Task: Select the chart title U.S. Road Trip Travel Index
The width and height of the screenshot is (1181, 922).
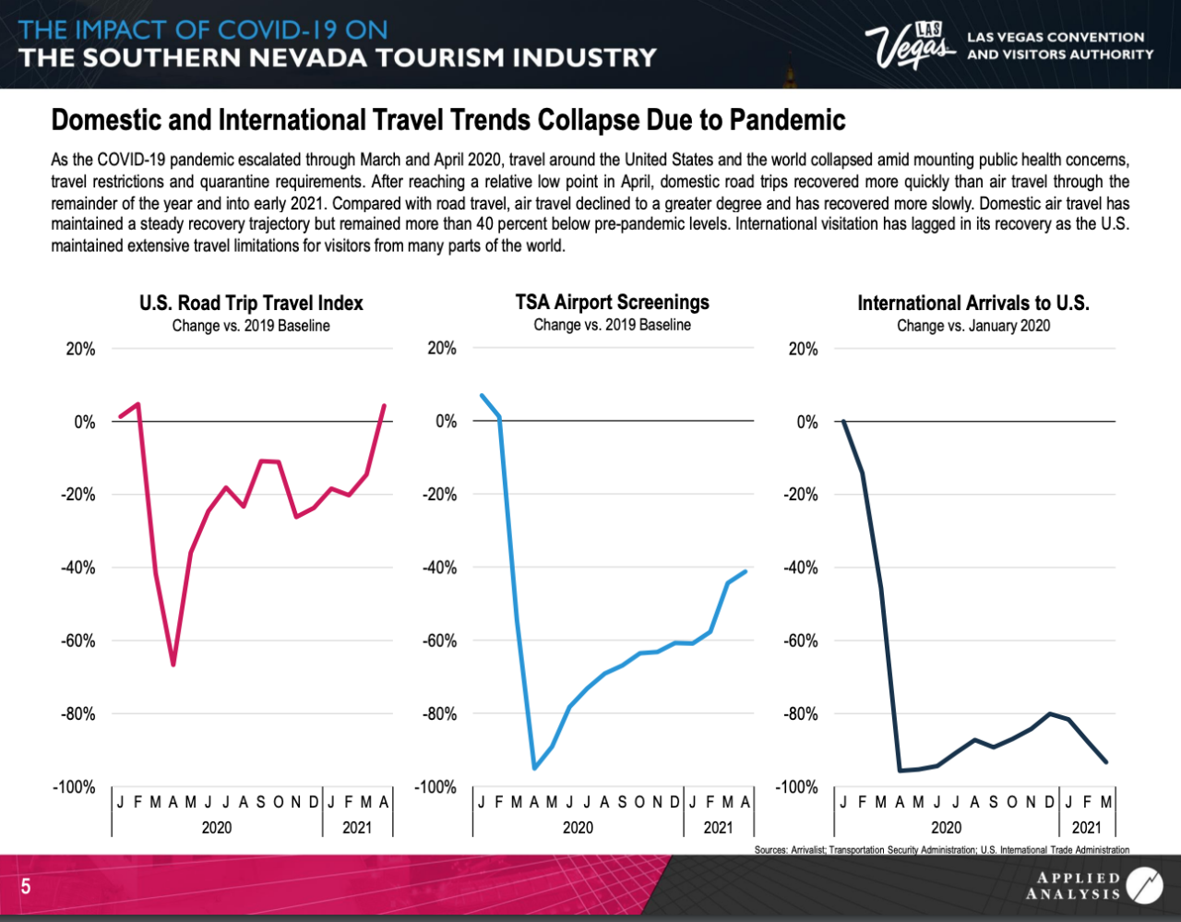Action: (251, 304)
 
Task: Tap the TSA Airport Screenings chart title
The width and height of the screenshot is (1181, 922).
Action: (612, 303)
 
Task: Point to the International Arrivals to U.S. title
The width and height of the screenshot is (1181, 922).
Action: (972, 304)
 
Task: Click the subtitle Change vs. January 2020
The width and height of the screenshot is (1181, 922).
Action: (972, 326)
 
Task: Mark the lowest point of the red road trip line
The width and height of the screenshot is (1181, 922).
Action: (173, 665)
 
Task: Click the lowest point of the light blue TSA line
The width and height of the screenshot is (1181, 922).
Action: (534, 767)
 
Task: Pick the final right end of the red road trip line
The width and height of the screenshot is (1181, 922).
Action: (384, 405)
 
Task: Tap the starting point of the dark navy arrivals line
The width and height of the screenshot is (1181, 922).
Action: (843, 422)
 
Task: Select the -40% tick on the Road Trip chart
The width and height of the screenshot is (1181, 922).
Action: (78, 568)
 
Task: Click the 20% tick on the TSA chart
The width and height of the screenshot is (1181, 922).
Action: (440, 349)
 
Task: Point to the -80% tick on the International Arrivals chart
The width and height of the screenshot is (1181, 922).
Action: (801, 713)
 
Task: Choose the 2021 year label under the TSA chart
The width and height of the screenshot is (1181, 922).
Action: (718, 828)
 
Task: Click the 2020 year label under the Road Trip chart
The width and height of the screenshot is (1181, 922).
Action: (217, 828)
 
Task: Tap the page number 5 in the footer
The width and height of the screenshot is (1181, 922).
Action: (26, 888)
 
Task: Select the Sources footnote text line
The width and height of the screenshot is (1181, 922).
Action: (941, 849)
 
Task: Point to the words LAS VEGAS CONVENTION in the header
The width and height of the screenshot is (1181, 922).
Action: (1055, 38)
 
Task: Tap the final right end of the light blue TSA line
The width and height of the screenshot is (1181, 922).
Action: (746, 571)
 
